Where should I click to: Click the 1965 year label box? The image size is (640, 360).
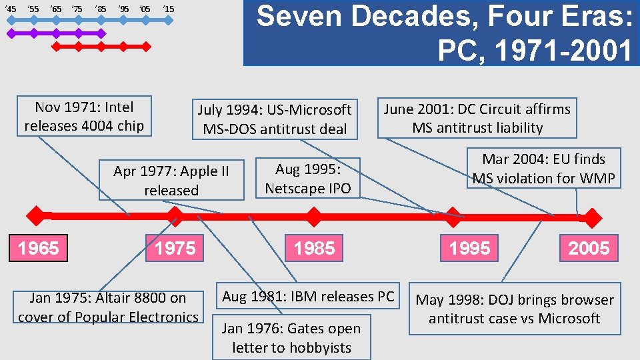click(x=38, y=249)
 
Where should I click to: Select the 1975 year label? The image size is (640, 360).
click(x=175, y=249)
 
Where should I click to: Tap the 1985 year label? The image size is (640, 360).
click(x=314, y=249)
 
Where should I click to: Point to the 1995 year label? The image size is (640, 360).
click(x=469, y=249)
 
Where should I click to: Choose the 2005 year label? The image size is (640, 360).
click(x=589, y=249)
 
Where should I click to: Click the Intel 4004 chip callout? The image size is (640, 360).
click(x=84, y=116)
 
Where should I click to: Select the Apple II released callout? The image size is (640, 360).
click(x=171, y=180)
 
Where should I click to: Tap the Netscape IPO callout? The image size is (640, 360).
click(x=308, y=179)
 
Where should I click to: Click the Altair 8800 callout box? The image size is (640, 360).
click(x=109, y=307)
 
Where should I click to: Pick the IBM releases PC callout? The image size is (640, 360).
click(x=308, y=296)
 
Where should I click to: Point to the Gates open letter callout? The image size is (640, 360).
click(x=291, y=338)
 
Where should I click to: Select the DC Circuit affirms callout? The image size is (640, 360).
click(x=477, y=118)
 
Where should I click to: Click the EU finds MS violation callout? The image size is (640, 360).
click(x=543, y=169)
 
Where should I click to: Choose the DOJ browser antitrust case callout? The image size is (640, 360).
click(x=514, y=309)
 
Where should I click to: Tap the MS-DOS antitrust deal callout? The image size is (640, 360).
click(x=275, y=119)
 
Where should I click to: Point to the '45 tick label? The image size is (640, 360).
click(x=10, y=9)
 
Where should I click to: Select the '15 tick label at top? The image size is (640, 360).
click(x=168, y=9)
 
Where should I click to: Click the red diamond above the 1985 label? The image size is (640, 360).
click(x=313, y=216)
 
